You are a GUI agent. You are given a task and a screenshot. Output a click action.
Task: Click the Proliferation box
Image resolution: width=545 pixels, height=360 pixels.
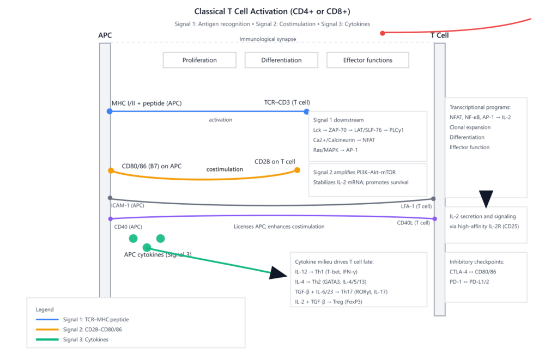click(x=199, y=60)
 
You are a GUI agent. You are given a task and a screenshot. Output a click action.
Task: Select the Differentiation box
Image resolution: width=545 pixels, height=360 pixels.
click(x=281, y=60)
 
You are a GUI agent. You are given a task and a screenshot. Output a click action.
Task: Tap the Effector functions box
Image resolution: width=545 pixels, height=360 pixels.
click(x=368, y=60)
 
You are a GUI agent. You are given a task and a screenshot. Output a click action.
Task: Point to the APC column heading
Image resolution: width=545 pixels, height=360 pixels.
click(x=105, y=35)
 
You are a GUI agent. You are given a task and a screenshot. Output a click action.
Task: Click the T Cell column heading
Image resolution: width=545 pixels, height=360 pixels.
click(x=440, y=35)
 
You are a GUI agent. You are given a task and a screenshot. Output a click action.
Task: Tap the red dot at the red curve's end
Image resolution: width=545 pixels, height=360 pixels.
click(x=383, y=33)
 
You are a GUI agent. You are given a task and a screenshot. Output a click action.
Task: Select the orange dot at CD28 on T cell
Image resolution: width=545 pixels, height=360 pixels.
click(x=297, y=170)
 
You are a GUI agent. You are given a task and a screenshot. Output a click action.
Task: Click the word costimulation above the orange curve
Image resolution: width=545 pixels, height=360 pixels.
click(x=225, y=169)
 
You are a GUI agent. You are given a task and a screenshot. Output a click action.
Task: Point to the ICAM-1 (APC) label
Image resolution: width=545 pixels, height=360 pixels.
click(x=128, y=205)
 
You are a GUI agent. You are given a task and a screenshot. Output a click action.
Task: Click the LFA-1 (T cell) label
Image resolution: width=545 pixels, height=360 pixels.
click(x=416, y=206)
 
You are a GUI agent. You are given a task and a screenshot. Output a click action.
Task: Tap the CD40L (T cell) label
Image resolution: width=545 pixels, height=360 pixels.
click(x=414, y=222)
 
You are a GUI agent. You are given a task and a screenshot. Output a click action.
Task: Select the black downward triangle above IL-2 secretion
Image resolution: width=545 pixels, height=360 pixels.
click(x=486, y=199)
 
